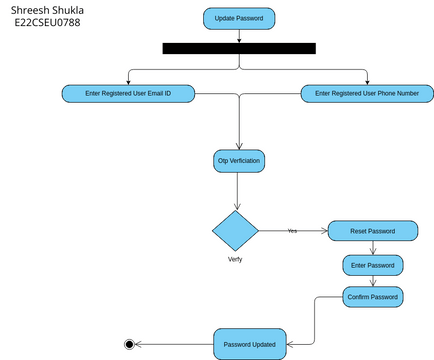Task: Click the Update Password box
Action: tap(239, 19)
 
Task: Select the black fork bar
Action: tap(239, 48)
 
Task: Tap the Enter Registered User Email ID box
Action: tap(128, 94)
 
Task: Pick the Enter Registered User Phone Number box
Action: tap(367, 94)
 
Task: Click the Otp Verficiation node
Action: tap(239, 161)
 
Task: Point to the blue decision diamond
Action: tap(236, 231)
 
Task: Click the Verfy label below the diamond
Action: tap(235, 259)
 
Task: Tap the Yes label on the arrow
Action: tap(292, 231)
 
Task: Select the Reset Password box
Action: tap(373, 231)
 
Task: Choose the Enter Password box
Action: tap(373, 265)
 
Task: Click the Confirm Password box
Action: tap(373, 297)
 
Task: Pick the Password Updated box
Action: tap(250, 344)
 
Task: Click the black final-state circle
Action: tap(129, 344)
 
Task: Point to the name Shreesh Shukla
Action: tap(47, 10)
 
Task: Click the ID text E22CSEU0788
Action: tap(47, 23)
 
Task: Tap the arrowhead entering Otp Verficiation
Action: tap(239, 146)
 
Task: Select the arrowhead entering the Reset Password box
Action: tap(324, 231)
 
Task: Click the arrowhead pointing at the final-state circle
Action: tap(138, 344)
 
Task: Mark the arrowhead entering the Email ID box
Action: tap(128, 83)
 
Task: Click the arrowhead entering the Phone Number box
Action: tap(367, 83)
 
